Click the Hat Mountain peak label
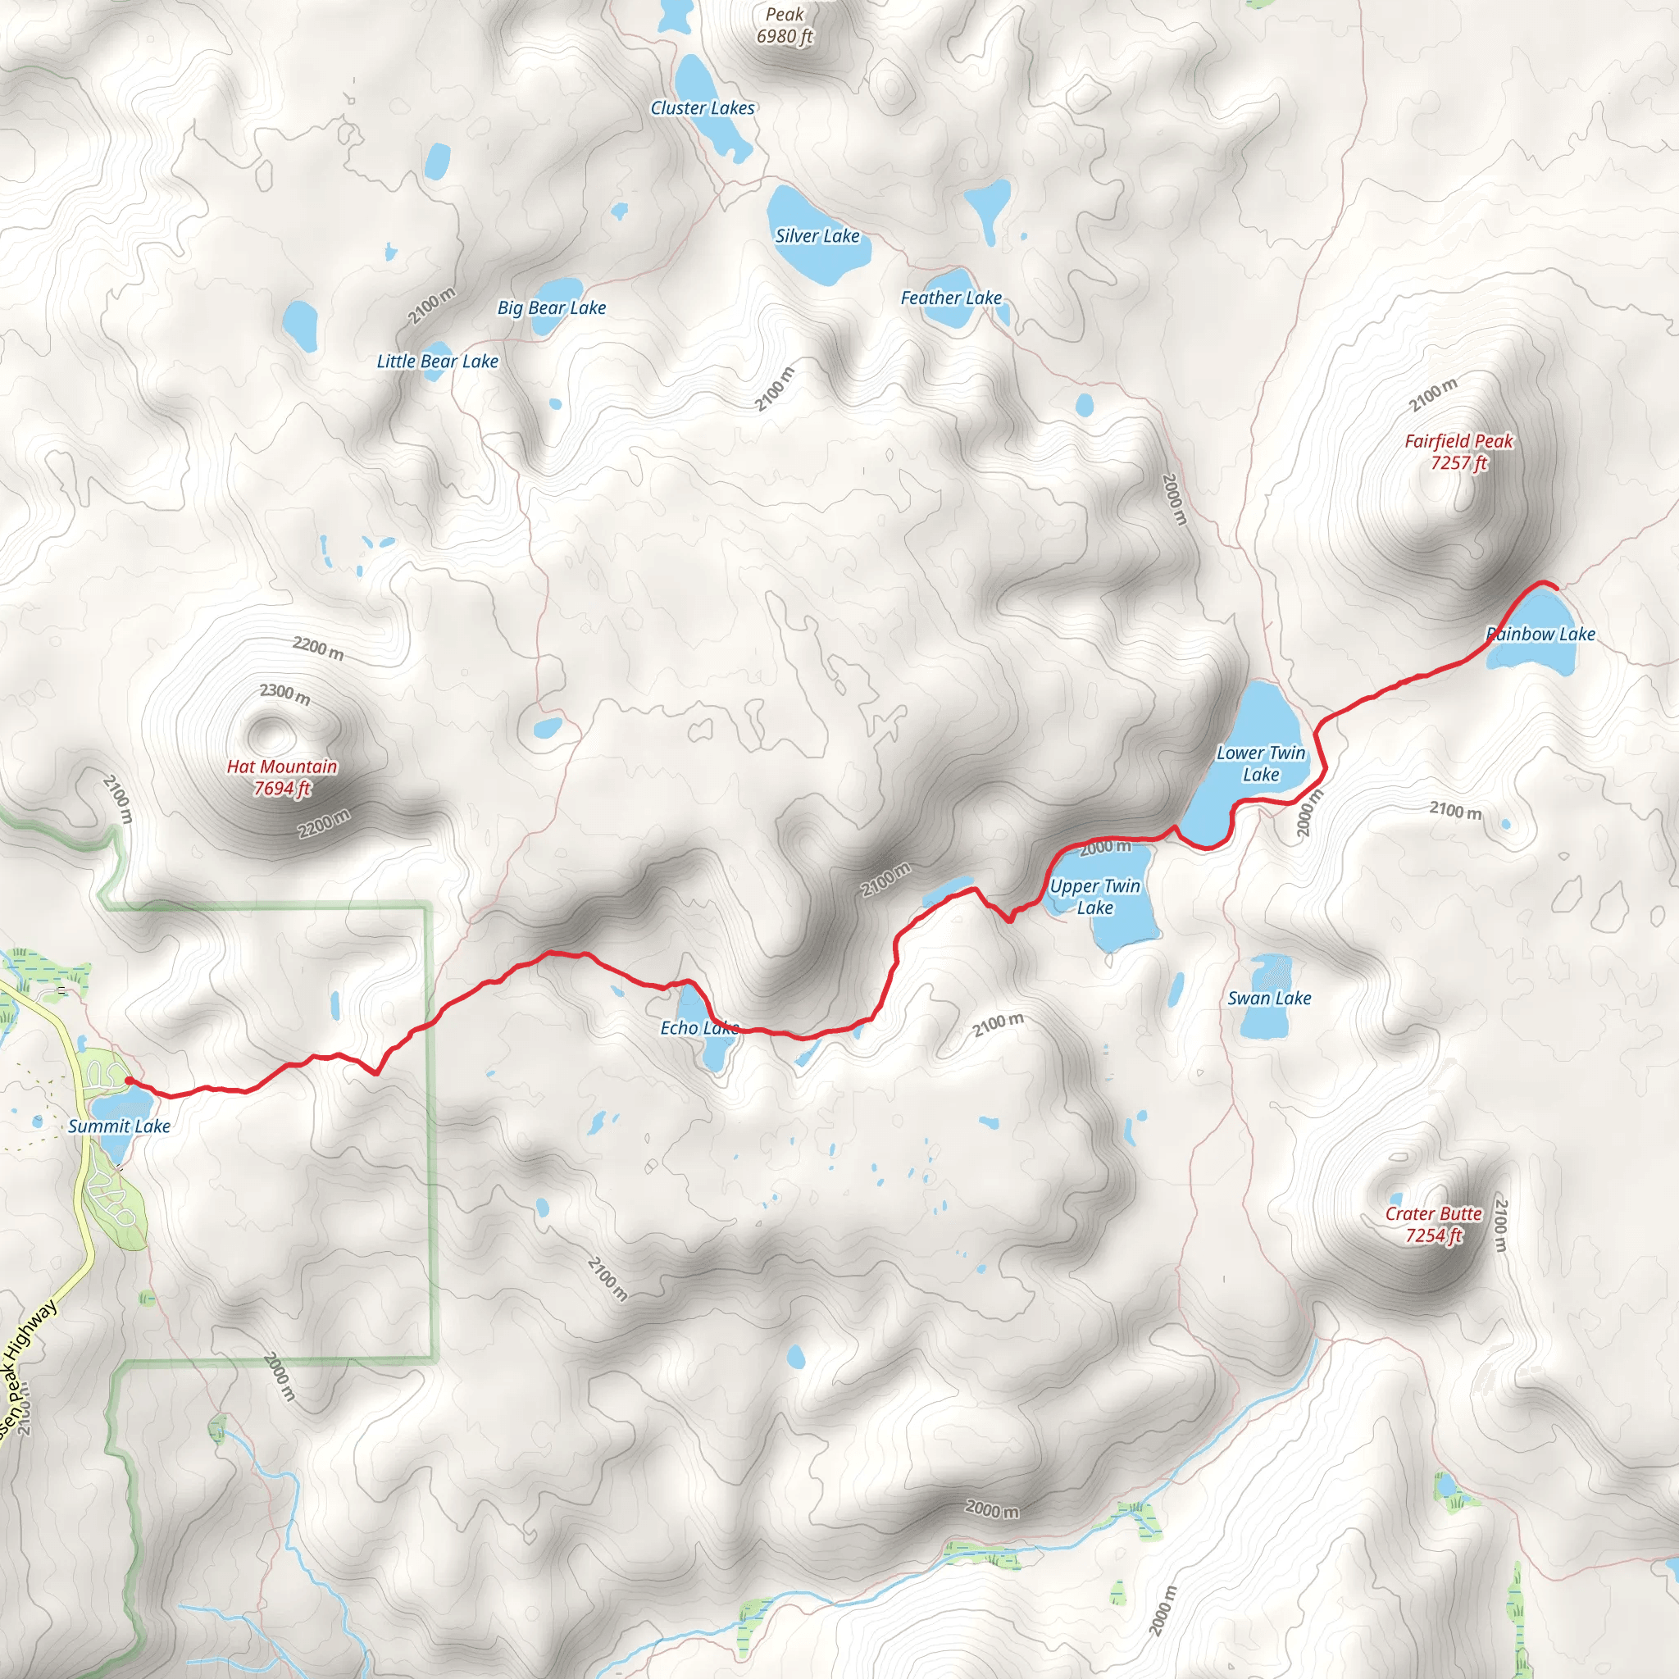281,777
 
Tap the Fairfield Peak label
1458,452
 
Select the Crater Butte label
1433,1225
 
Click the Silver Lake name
817,236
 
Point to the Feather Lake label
951,298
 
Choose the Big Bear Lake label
551,307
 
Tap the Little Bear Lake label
437,362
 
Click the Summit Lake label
119,1126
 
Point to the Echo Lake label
698,1028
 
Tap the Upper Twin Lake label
1094,897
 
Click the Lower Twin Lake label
1260,764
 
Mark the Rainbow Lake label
1540,635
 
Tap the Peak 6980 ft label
785,25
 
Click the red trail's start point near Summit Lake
129,1081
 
